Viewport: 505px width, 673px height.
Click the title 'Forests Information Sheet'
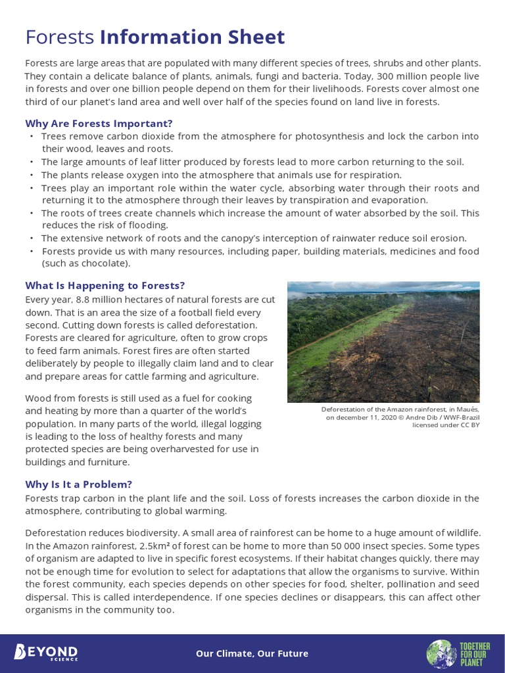click(155, 37)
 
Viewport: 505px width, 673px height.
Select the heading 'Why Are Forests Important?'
click(99, 124)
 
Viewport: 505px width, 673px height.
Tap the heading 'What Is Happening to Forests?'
click(105, 285)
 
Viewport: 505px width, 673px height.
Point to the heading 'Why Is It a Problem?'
click(79, 484)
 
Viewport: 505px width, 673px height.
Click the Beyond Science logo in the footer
click(46, 653)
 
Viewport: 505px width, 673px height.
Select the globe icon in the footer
click(441, 654)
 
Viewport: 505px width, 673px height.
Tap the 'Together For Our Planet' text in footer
click(474, 654)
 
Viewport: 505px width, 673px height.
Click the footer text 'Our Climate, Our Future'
click(252, 653)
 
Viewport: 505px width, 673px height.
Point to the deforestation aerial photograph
click(383, 342)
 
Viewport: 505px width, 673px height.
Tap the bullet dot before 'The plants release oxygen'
click(31, 175)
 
